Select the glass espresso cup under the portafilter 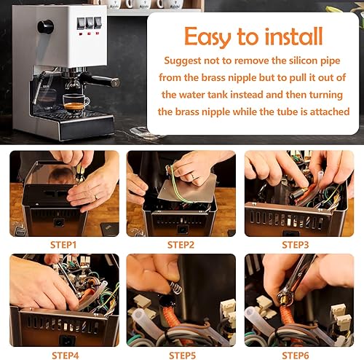pos(74,103)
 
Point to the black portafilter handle pos(102,80)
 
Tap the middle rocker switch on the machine pos(88,23)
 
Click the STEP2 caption pos(180,245)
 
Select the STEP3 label pos(297,245)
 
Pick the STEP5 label pos(180,355)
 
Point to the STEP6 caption pos(297,355)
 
